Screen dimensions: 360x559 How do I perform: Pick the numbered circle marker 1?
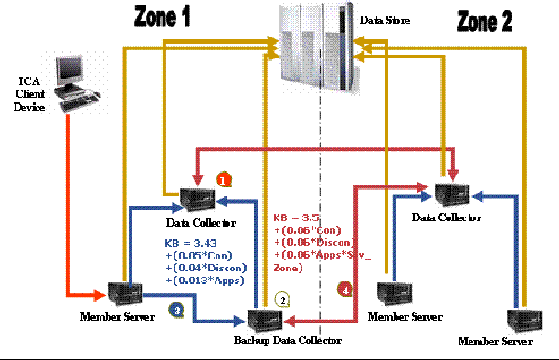[x=222, y=179]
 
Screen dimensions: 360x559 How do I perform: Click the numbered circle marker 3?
[x=174, y=310]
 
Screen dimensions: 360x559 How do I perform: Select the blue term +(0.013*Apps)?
[x=201, y=282]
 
